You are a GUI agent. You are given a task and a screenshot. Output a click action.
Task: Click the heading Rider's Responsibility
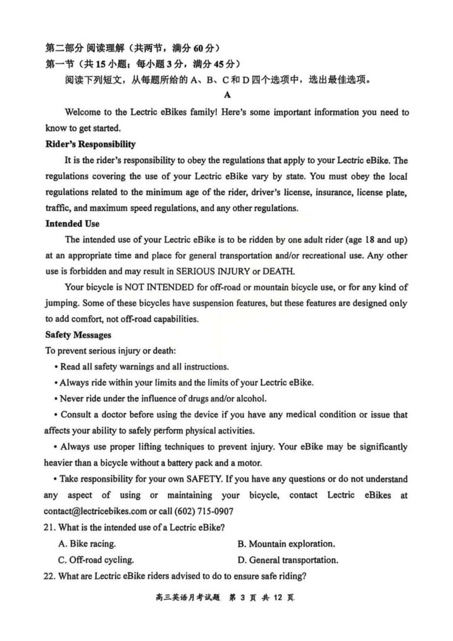[x=90, y=144]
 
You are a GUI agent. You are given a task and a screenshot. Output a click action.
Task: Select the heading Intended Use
[x=72, y=224]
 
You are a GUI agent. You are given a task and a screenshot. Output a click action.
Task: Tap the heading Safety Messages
[x=78, y=335]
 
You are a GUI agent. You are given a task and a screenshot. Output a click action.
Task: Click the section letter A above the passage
[x=227, y=95]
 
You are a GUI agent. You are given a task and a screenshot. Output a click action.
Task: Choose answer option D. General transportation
[x=288, y=560]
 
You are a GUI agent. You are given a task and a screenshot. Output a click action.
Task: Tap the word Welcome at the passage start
[x=82, y=113]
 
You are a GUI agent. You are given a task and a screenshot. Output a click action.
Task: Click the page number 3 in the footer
[x=242, y=598]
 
